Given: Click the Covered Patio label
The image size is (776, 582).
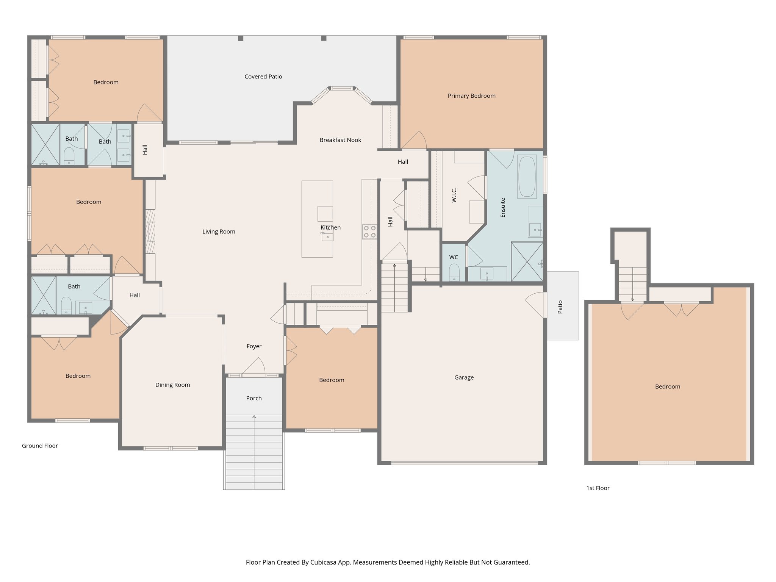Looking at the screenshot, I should click(x=263, y=77).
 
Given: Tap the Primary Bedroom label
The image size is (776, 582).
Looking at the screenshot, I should click(x=471, y=96).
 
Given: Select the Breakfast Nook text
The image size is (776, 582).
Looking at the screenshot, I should click(x=340, y=140).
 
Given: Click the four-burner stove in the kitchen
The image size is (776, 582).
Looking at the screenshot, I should click(x=369, y=232).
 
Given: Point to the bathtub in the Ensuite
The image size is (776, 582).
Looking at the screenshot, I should click(x=527, y=177).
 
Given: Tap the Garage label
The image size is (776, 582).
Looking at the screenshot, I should click(x=464, y=377).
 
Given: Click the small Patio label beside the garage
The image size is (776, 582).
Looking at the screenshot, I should click(x=560, y=307).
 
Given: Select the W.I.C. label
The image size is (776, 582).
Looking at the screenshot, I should click(x=454, y=195).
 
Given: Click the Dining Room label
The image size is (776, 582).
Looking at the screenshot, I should click(x=172, y=385).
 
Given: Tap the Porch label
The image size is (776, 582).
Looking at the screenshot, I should click(x=253, y=398).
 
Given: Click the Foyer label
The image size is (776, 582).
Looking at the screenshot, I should click(x=254, y=346).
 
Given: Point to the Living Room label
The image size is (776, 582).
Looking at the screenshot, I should click(x=219, y=232).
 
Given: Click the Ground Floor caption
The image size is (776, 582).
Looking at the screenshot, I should click(x=40, y=446).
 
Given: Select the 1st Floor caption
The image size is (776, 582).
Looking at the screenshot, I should click(x=598, y=488).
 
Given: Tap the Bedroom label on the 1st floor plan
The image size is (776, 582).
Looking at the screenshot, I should click(x=667, y=387).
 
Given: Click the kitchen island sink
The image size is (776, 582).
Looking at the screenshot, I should click(x=327, y=236).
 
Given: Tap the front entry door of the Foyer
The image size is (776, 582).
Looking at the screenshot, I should click(x=253, y=368).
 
